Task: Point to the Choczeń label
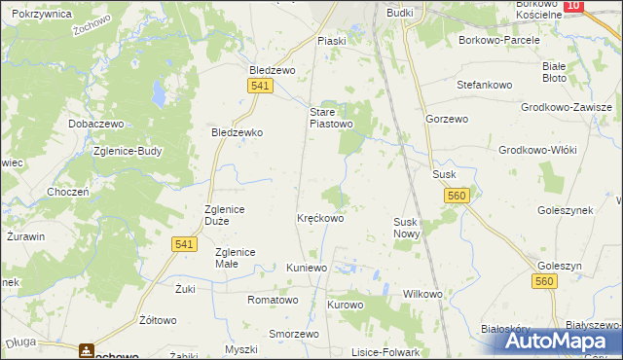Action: click(x=68, y=193)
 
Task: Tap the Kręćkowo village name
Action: click(x=320, y=219)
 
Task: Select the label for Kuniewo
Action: click(x=308, y=267)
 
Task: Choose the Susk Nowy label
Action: click(x=406, y=229)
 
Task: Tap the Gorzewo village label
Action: click(x=447, y=118)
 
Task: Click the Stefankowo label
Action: click(x=485, y=85)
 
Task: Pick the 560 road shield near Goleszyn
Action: click(x=545, y=281)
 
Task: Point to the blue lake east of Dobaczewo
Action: click(x=158, y=93)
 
